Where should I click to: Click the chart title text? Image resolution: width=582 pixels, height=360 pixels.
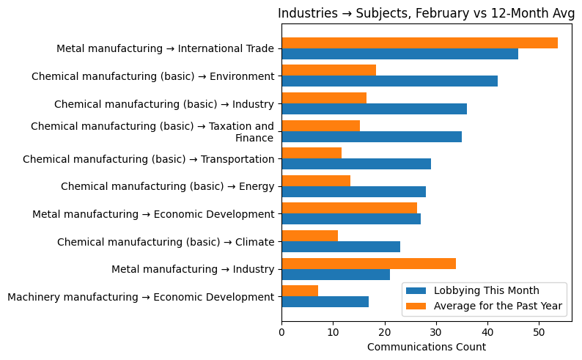point(426,13)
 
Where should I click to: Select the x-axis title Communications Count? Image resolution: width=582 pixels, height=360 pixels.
point(426,347)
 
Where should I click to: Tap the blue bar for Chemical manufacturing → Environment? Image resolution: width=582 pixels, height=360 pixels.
point(389,81)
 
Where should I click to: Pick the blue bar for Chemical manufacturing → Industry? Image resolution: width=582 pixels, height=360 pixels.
point(374,109)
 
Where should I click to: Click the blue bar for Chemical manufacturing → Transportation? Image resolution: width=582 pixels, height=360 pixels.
point(356,164)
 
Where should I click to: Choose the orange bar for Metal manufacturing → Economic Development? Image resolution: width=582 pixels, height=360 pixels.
point(349,208)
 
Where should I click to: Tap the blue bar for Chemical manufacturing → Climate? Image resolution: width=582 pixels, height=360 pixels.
point(341,247)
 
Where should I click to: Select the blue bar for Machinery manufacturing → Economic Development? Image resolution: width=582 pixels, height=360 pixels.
point(325,302)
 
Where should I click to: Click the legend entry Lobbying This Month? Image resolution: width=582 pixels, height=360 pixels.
point(486,290)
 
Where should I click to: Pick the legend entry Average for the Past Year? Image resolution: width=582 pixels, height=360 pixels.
point(498,306)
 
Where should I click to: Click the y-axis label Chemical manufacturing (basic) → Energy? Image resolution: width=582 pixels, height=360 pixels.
point(167,186)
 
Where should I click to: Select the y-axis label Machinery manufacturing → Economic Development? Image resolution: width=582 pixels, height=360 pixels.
point(140,297)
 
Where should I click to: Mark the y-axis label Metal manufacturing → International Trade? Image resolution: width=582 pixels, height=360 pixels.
point(165,48)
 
